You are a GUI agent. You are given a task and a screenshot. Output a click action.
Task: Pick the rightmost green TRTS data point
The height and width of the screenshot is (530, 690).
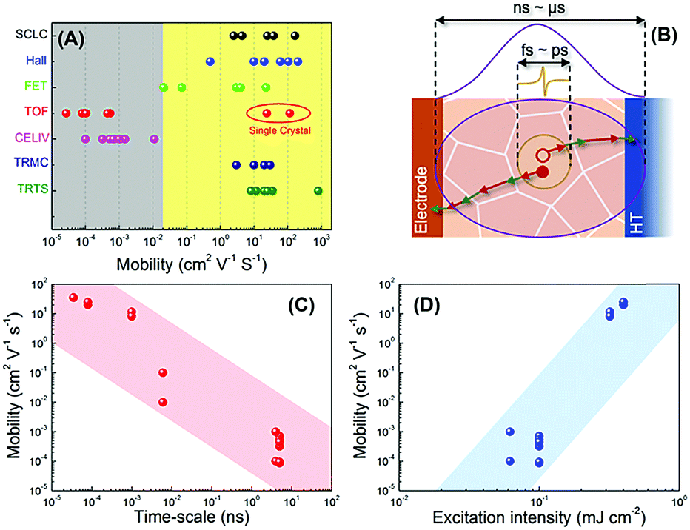pos(318,190)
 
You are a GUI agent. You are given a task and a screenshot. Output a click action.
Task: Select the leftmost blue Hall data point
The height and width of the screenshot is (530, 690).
pos(210,61)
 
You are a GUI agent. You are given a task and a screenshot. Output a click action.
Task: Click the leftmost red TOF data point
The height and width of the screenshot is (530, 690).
pos(66,113)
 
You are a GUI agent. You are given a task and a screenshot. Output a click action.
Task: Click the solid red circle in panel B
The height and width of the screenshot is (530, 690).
pos(543,172)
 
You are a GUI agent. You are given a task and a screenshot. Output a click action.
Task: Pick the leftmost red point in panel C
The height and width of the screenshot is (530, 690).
pos(73,298)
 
